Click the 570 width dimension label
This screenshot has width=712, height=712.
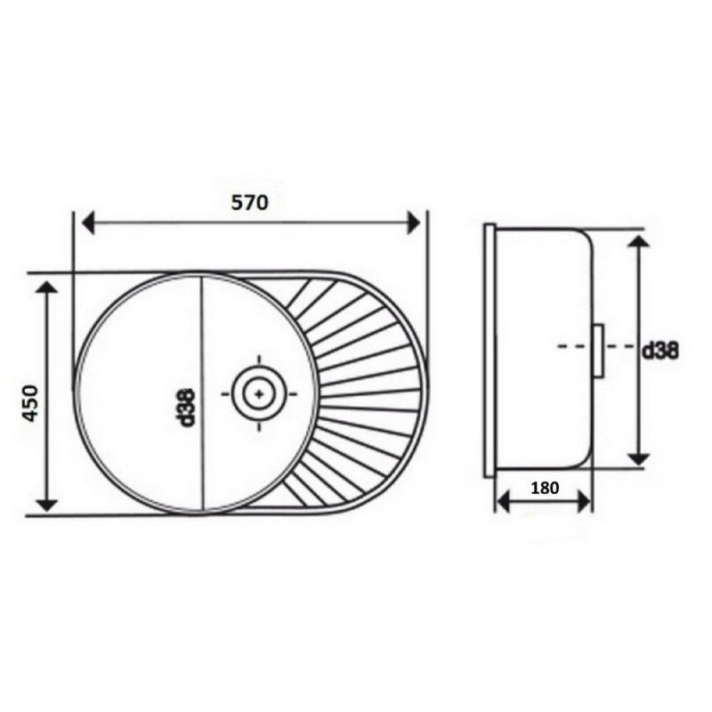(x=249, y=202)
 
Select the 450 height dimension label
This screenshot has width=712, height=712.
(x=31, y=403)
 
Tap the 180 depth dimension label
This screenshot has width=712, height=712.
(x=545, y=488)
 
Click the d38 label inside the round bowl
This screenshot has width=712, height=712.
(x=187, y=408)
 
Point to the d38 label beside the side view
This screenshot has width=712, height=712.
(x=660, y=351)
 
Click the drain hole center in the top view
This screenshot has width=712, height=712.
(x=259, y=393)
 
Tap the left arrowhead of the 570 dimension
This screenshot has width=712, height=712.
(x=87, y=222)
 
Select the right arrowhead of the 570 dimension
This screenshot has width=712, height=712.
(x=414, y=222)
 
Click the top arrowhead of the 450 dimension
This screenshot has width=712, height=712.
(x=47, y=287)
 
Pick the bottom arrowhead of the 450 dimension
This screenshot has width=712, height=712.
(x=47, y=504)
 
